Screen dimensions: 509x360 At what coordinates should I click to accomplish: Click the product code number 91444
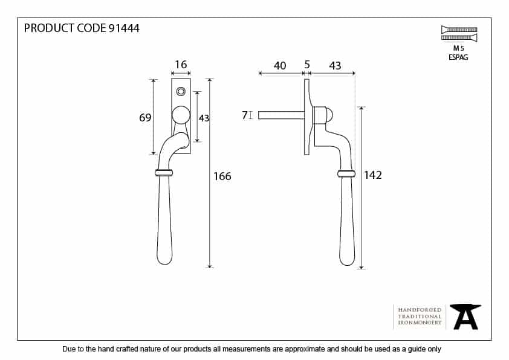[124, 28]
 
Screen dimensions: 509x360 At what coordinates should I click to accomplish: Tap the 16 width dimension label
[181, 65]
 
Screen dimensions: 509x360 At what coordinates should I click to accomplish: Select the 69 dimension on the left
[145, 117]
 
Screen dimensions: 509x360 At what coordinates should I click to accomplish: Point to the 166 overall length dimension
[222, 176]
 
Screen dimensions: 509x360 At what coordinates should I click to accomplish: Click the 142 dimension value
[372, 175]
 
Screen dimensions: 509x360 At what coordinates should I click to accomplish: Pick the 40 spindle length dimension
[280, 66]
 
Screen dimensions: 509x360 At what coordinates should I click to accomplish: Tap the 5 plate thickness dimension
[307, 65]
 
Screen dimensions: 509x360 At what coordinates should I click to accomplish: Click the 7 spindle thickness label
[245, 115]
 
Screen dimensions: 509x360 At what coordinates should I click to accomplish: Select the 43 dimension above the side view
[335, 66]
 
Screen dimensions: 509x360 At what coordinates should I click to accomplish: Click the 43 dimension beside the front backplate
[204, 118]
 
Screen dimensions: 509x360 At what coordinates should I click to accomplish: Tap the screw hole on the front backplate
[181, 91]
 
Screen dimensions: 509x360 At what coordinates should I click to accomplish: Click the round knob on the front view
[181, 115]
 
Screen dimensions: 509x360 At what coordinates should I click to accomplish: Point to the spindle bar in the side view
[282, 115]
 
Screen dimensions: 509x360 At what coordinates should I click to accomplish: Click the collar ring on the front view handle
[164, 173]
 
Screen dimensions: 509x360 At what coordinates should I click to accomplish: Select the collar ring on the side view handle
[346, 173]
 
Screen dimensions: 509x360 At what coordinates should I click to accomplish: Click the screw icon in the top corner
[459, 34]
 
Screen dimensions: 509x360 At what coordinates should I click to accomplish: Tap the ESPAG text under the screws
[458, 57]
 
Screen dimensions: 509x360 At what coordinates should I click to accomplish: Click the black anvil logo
[465, 317]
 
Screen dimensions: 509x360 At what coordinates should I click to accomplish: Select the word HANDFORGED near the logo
[420, 310]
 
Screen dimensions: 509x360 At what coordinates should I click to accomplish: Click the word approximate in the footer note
[305, 349]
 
